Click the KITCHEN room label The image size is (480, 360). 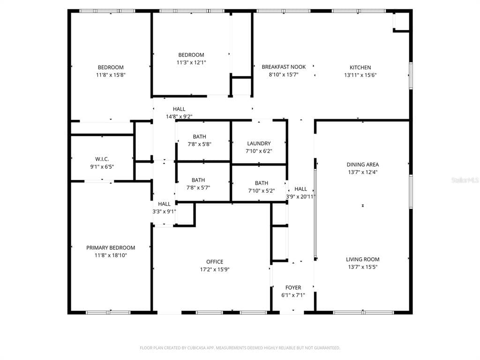[360, 67]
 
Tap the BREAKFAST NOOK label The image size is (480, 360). [284, 67]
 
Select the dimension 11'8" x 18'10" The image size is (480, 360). [111, 255]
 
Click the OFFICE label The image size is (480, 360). [215, 262]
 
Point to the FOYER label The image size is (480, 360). [293, 288]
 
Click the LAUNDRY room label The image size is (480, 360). [259, 144]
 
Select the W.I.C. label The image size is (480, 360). [102, 159]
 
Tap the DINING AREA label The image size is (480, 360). [362, 165]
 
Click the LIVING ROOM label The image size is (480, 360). [362, 260]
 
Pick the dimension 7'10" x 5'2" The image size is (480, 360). [262, 191]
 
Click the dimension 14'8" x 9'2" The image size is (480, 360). [179, 117]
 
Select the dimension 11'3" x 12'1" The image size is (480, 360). [191, 62]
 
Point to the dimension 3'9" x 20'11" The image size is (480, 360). [300, 197]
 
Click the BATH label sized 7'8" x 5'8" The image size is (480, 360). [199, 137]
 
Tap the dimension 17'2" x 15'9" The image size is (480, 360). [215, 270]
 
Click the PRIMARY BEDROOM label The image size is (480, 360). [111, 248]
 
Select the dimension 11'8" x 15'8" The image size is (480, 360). [111, 75]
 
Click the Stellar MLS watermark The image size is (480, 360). [465, 180]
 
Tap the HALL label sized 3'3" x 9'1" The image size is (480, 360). [164, 204]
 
